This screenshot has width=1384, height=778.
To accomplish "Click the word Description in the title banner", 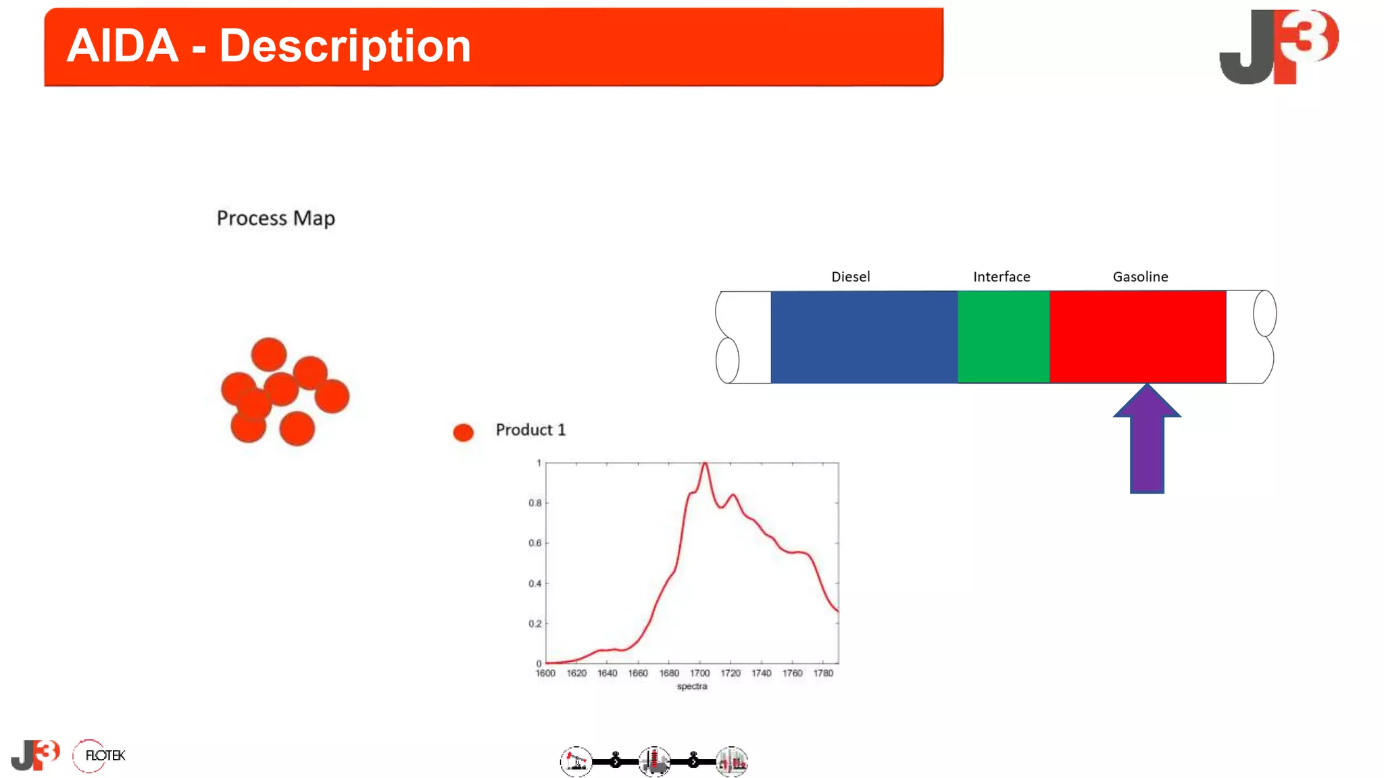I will pyautogui.click(x=345, y=46).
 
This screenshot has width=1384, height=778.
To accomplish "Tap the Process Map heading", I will pyautogui.click(x=276, y=218).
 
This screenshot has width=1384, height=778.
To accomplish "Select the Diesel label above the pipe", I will pyautogui.click(x=850, y=277).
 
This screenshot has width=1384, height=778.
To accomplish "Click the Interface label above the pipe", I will pyautogui.click(x=1002, y=277).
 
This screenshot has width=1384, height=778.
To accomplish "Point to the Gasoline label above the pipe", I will pyautogui.click(x=1140, y=277).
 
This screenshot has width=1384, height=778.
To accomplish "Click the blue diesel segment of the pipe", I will pyautogui.click(x=864, y=337).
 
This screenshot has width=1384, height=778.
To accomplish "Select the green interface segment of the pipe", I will pyautogui.click(x=1004, y=337).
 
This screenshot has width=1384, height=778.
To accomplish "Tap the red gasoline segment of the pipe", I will pyautogui.click(x=1137, y=337).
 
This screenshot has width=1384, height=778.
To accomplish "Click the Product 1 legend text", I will pyautogui.click(x=530, y=430).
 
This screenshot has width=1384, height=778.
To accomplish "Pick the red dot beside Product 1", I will pyautogui.click(x=463, y=432).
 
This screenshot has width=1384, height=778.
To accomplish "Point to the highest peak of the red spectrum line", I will pyautogui.click(x=704, y=464).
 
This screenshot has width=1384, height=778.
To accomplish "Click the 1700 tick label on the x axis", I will pyautogui.click(x=699, y=673).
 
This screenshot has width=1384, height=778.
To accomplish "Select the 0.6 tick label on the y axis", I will pyautogui.click(x=535, y=543).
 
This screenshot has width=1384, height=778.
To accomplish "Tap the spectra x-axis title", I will pyautogui.click(x=692, y=686).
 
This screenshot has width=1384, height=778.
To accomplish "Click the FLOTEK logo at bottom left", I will pyautogui.click(x=99, y=756).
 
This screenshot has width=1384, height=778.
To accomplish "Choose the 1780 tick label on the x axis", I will pyautogui.click(x=823, y=673).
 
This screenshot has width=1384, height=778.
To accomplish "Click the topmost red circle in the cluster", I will pyautogui.click(x=269, y=355).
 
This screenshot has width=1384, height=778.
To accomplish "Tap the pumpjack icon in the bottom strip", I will pyautogui.click(x=576, y=762).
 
